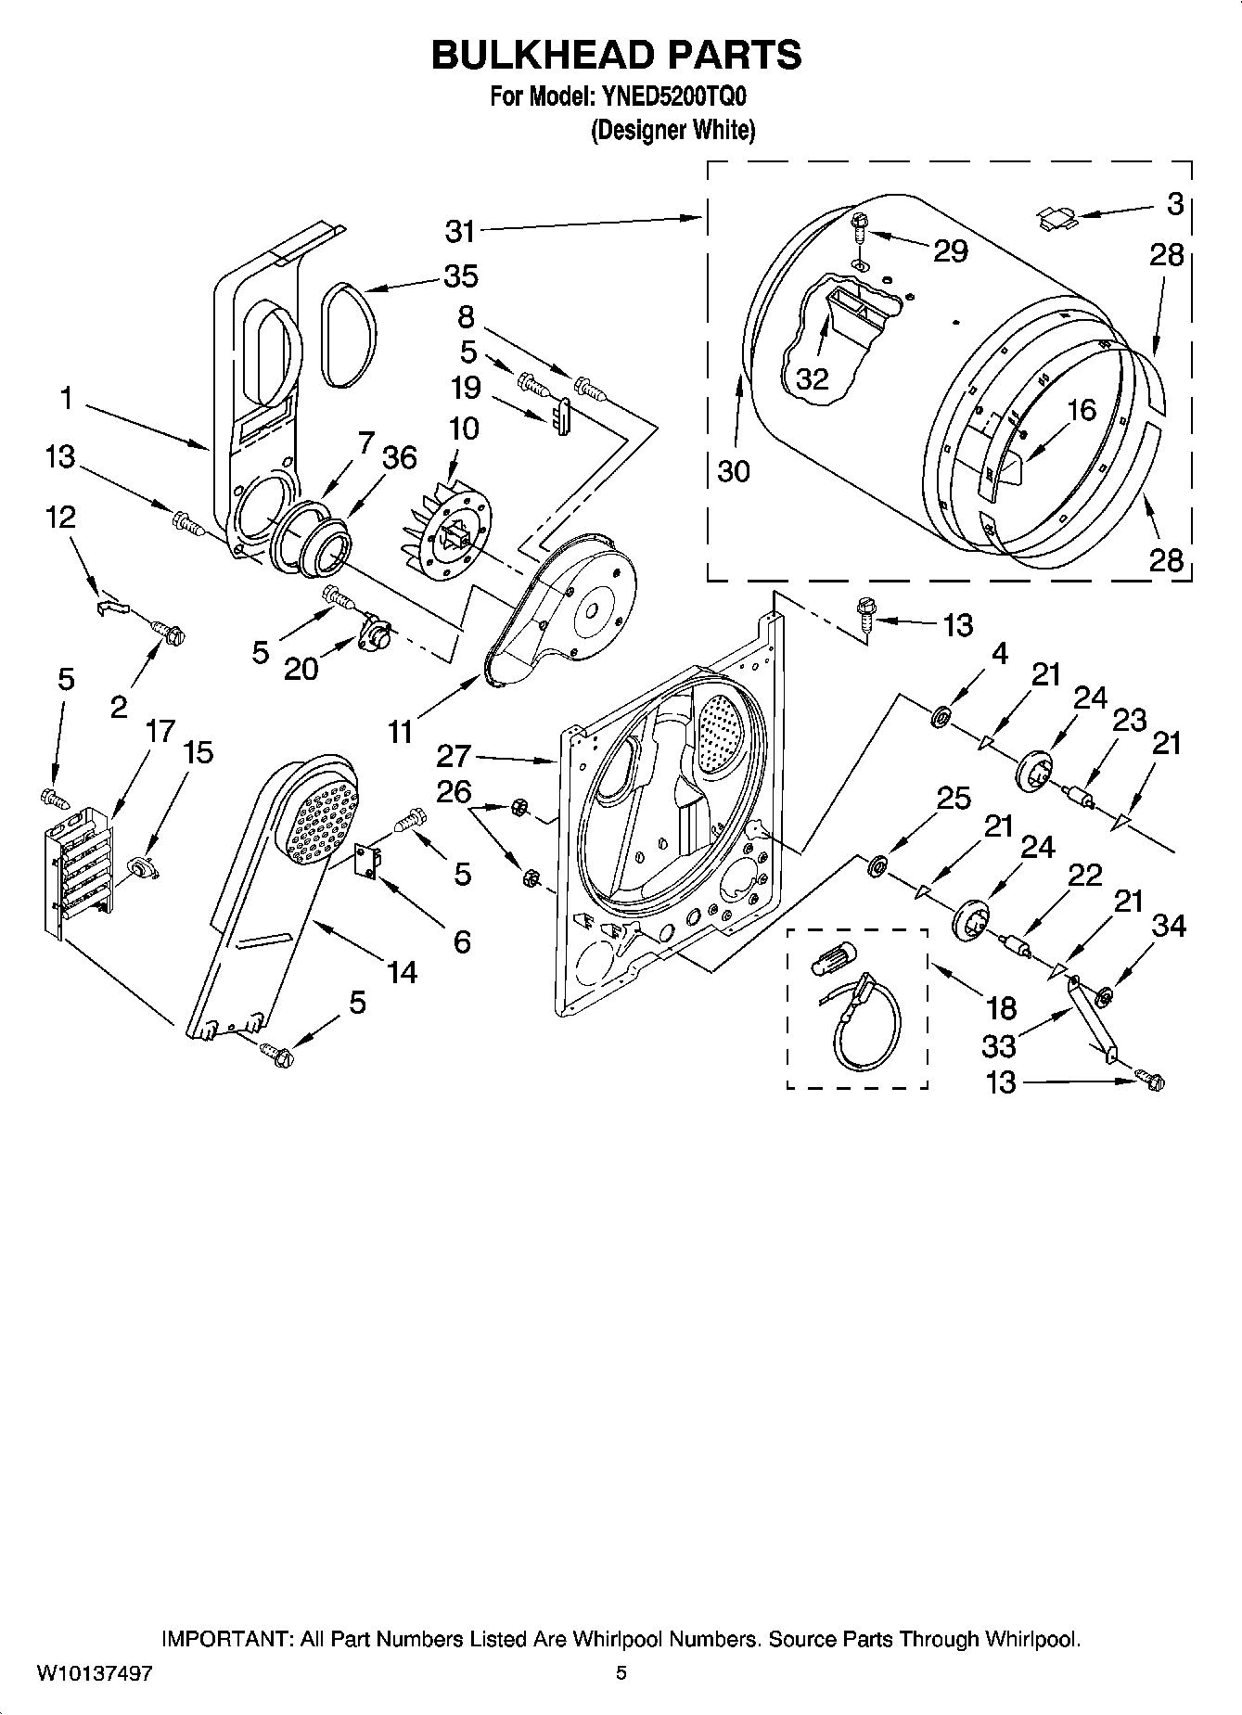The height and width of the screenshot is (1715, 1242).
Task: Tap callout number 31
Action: [x=461, y=231]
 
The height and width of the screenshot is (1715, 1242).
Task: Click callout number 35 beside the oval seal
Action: [x=460, y=275]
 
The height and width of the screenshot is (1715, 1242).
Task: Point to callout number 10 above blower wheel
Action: [x=464, y=429]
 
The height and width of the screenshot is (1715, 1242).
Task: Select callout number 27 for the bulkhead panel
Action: [x=455, y=756]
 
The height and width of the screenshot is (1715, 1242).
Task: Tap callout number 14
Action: [x=402, y=972]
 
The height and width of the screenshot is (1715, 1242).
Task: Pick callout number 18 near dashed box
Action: [x=1002, y=1007]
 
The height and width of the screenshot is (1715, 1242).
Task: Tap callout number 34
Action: [x=1169, y=925]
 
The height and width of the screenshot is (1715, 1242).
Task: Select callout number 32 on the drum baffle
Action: [x=812, y=378]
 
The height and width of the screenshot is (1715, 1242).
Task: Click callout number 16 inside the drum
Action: [x=1082, y=409]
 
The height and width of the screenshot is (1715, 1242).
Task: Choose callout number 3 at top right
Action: [x=1175, y=203]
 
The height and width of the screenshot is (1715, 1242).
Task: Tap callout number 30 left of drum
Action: [x=733, y=471]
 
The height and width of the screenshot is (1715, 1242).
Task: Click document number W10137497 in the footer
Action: [x=95, y=1673]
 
